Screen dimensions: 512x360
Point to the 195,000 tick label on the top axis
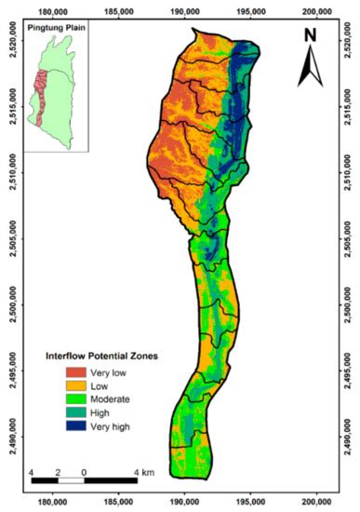click(251, 12)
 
